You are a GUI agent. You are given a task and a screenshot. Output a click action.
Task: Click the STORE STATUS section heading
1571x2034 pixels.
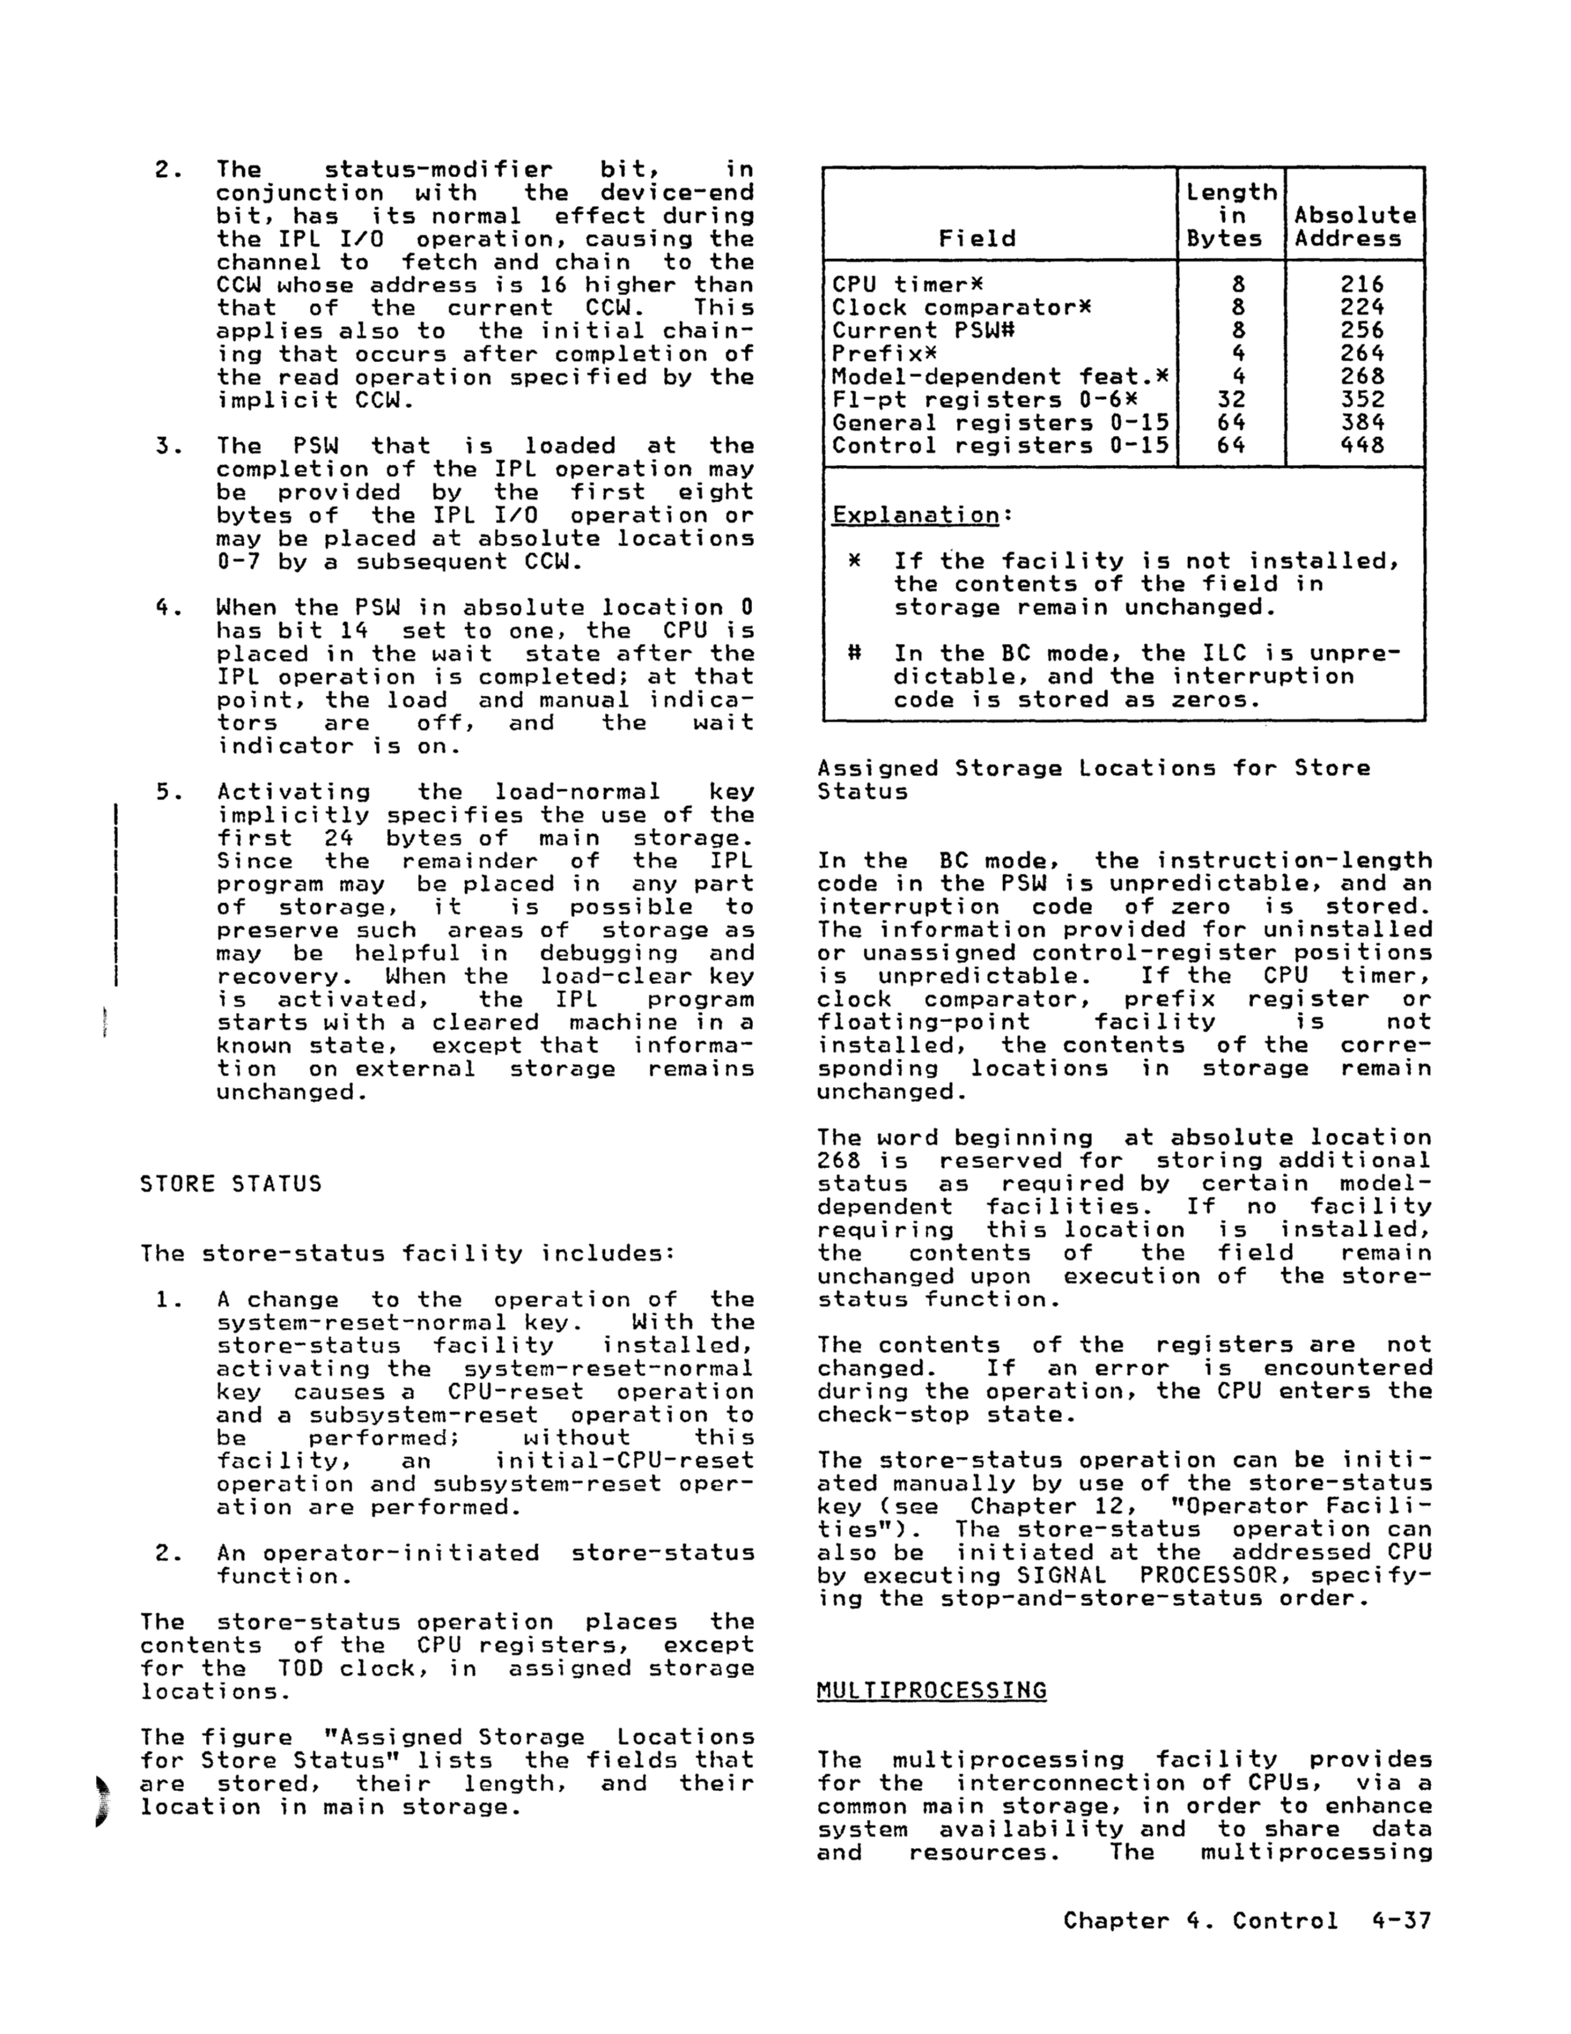click(230, 1184)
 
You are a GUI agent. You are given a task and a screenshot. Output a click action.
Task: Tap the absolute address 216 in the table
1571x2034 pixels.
click(1361, 284)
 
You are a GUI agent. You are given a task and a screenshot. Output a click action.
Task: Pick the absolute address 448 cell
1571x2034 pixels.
click(1361, 445)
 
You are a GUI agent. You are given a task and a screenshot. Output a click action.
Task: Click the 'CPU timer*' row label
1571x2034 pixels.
click(907, 284)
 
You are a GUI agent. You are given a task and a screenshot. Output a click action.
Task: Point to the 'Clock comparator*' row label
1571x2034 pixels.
click(961, 307)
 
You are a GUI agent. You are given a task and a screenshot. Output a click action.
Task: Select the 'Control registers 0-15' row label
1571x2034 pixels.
click(999, 445)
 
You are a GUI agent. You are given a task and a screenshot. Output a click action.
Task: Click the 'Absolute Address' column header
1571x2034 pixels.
click(1355, 226)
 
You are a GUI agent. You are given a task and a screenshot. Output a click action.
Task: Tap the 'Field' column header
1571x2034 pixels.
click(977, 239)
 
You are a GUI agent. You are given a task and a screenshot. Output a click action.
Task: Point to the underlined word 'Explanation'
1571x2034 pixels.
click(916, 515)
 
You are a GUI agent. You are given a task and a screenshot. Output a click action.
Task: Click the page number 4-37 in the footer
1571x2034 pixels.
click(1399, 1920)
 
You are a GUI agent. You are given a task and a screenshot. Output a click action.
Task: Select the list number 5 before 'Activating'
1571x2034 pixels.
click(164, 792)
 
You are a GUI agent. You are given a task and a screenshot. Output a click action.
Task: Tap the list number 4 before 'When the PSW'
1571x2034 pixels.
click(164, 608)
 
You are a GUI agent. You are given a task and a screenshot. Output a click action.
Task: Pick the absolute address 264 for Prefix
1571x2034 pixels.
click(1361, 354)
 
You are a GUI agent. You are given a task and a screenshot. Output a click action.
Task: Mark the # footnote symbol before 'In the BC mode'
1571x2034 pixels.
click(854, 654)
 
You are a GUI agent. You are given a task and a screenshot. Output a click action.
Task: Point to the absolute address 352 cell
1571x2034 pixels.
click(1361, 400)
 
